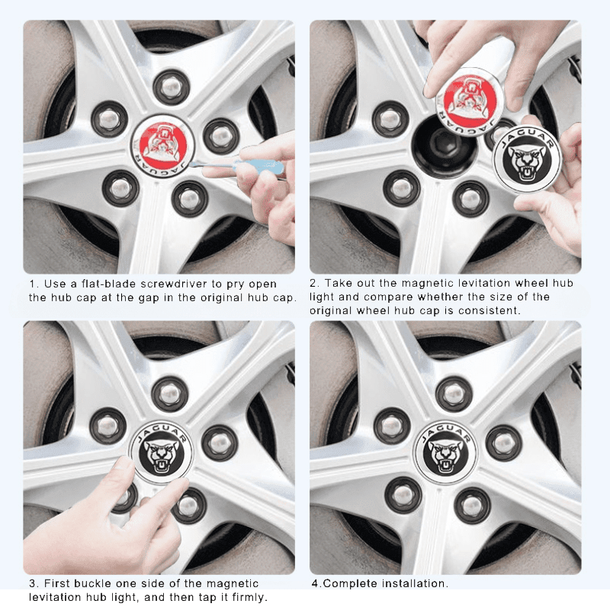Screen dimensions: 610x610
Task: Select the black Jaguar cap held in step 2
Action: (x=527, y=159)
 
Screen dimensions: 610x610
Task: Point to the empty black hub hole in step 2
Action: (x=444, y=146)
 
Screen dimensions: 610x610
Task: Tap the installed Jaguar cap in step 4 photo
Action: (x=445, y=452)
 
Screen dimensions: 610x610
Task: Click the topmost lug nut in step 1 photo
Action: (x=171, y=87)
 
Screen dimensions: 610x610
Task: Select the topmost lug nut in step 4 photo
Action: (x=454, y=393)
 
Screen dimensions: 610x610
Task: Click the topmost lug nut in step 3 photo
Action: (x=170, y=393)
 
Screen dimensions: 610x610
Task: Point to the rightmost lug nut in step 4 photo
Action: (x=503, y=443)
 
